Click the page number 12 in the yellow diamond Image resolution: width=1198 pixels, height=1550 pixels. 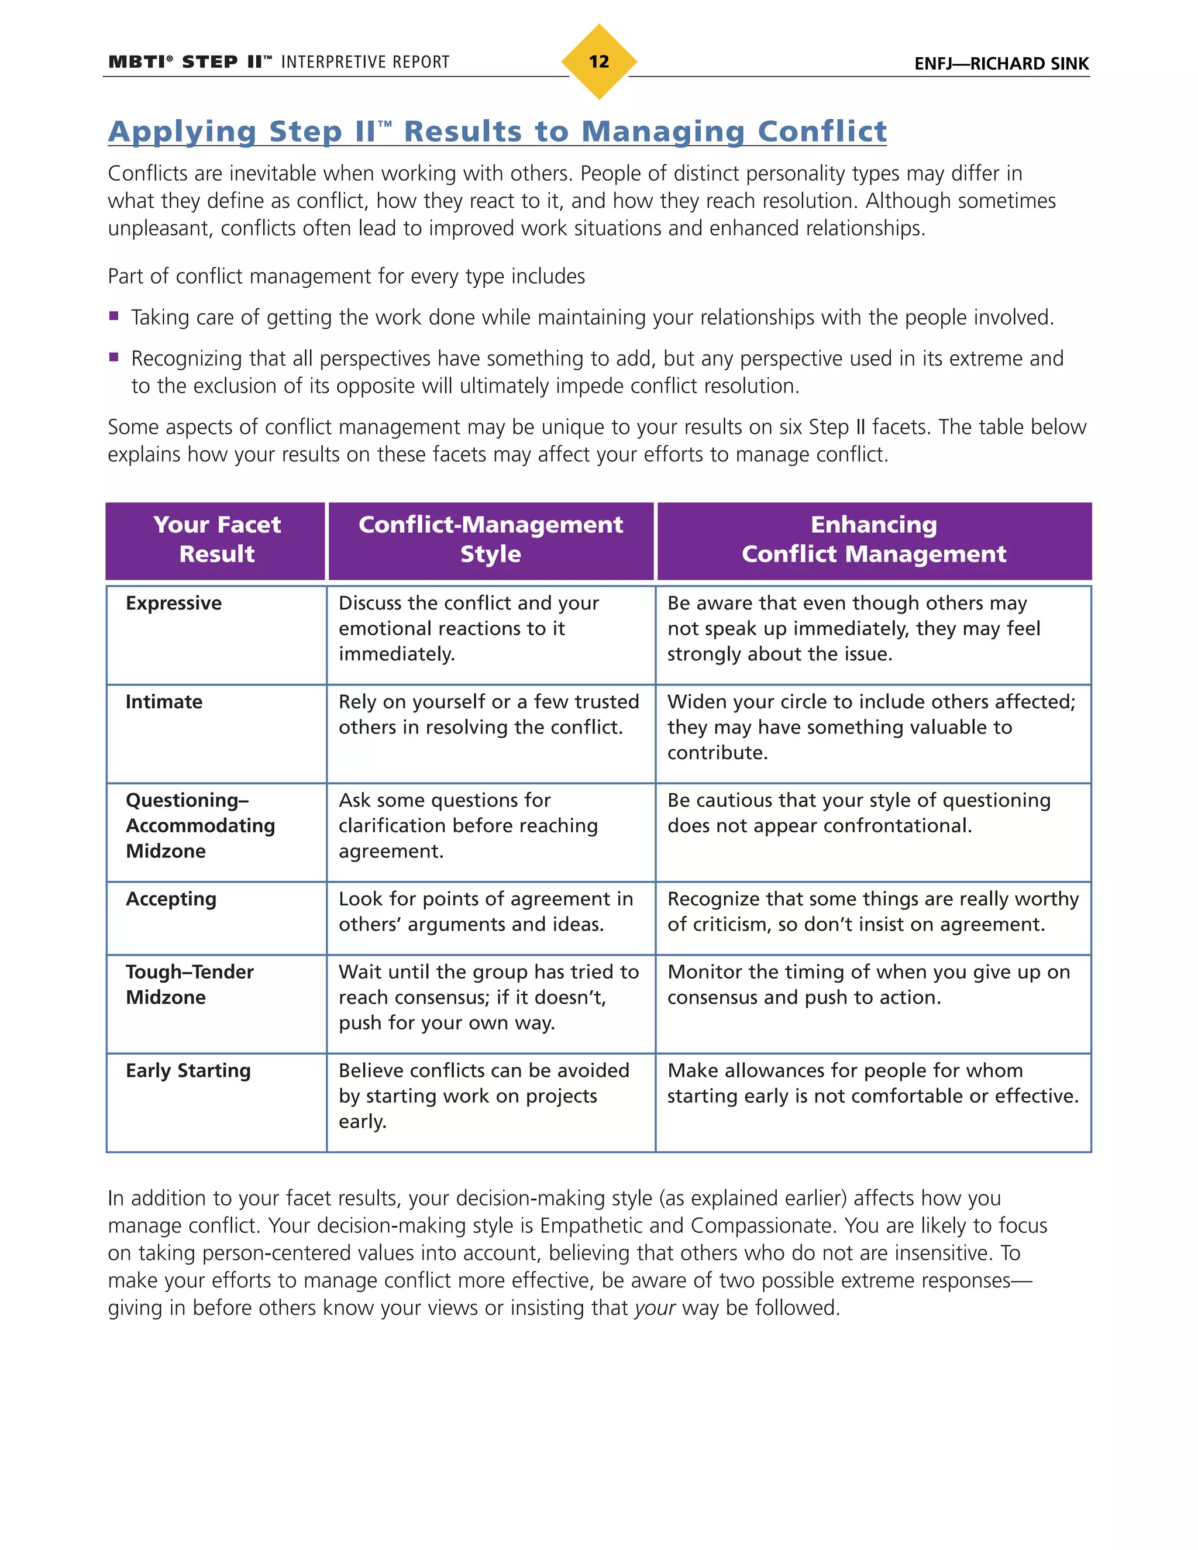click(x=598, y=62)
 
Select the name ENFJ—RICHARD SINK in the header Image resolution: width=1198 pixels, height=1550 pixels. click(x=1001, y=64)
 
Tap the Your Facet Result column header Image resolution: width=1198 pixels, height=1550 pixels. click(x=216, y=539)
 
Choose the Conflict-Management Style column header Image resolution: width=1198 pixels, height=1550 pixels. click(x=490, y=539)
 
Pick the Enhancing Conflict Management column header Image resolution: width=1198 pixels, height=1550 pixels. click(x=874, y=539)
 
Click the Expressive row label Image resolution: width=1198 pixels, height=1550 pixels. click(x=174, y=603)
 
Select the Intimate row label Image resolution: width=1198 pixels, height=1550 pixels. click(x=164, y=702)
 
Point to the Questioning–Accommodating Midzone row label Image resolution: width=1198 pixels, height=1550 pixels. click(x=200, y=825)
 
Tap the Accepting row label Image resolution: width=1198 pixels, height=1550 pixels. click(x=171, y=899)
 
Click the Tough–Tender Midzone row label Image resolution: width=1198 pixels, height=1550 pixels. click(x=190, y=984)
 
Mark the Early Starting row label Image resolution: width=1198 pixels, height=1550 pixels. click(x=188, y=1070)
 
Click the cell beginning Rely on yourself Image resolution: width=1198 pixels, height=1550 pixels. click(x=488, y=715)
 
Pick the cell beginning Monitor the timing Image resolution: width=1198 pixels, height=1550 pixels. click(x=868, y=984)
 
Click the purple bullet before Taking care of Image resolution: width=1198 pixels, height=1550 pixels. click(x=113, y=316)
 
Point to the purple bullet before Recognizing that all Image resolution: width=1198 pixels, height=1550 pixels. click(x=113, y=358)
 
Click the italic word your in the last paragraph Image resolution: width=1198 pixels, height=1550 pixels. click(x=655, y=1307)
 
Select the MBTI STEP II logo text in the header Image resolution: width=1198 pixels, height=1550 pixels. click(x=190, y=63)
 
